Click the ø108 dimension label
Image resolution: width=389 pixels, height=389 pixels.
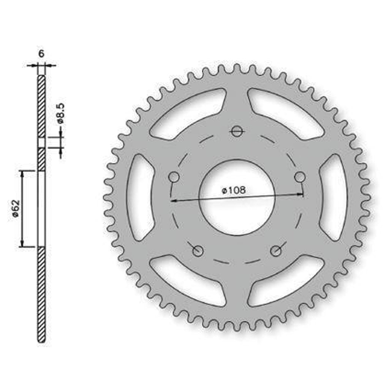[x=234, y=190]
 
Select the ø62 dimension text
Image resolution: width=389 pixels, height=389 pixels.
[x=16, y=209]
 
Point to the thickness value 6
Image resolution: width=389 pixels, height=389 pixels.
[x=41, y=53]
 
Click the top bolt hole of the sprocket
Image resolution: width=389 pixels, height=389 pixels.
[x=237, y=131]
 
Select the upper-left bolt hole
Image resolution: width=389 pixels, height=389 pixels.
[x=174, y=177]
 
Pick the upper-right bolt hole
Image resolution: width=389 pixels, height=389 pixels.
[x=300, y=177]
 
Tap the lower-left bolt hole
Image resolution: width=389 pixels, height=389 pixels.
[x=198, y=251]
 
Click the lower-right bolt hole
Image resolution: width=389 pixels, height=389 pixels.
[x=275, y=251]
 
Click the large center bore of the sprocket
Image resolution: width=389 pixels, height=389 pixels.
[x=237, y=197]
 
